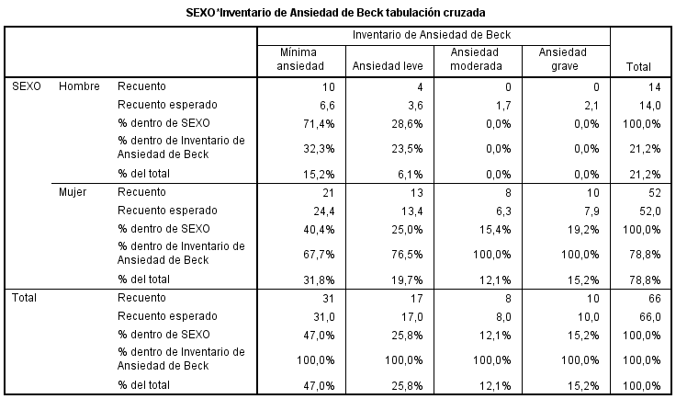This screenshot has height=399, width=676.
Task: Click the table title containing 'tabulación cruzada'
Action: (x=335, y=13)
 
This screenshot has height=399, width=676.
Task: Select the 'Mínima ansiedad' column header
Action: (x=300, y=59)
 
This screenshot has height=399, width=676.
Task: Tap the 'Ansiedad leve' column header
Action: (x=388, y=66)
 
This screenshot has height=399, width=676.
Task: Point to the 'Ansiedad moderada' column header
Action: (x=476, y=59)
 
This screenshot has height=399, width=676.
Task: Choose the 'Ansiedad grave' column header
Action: (x=563, y=59)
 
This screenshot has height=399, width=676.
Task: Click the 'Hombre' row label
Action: (x=79, y=86)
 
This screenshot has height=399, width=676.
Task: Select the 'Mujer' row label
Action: (x=73, y=192)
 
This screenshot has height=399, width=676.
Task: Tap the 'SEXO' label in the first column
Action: (x=27, y=86)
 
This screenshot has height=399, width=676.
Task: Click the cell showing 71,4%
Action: (x=319, y=124)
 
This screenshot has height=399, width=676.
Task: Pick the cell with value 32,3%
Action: (x=319, y=149)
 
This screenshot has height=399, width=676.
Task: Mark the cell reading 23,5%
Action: (x=407, y=149)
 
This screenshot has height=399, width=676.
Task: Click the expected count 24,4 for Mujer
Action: (x=324, y=211)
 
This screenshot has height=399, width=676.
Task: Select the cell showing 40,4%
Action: (x=319, y=230)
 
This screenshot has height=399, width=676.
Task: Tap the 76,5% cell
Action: (x=407, y=255)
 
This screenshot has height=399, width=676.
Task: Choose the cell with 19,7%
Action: (x=407, y=280)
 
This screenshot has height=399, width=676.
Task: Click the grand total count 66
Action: (x=655, y=299)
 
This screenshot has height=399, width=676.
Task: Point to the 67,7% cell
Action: (x=319, y=255)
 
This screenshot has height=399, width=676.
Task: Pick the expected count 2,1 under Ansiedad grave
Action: (x=591, y=105)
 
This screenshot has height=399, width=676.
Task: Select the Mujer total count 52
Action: (x=655, y=193)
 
